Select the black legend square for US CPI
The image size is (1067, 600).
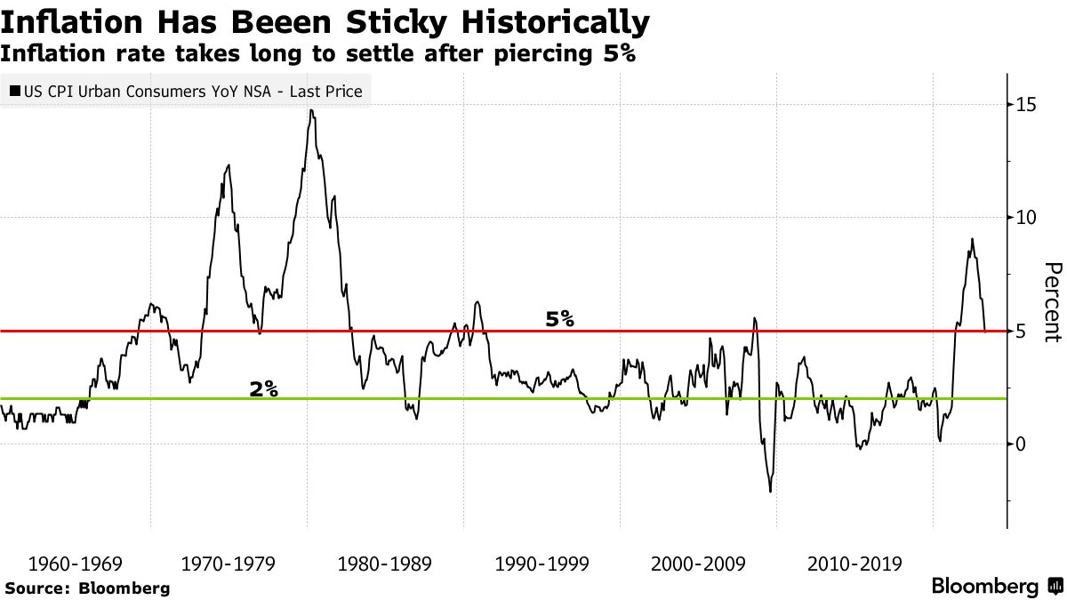[x=14, y=92]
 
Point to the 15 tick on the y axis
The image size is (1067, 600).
[x=1026, y=105]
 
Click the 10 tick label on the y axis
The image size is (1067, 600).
[x=1026, y=218]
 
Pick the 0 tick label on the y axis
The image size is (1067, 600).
[x=1022, y=444]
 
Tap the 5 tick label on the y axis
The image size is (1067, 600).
[x=1022, y=332]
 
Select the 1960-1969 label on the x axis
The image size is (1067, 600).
[x=75, y=564]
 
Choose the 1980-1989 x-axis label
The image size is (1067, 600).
[x=386, y=564]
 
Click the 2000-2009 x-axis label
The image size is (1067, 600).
[x=696, y=564]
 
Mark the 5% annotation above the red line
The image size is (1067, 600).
[x=560, y=318]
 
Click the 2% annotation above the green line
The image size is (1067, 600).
[x=264, y=388]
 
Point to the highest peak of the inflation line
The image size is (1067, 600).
[x=310, y=110]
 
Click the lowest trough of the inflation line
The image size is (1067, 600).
[x=770, y=492]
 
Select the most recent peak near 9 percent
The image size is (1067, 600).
[x=972, y=239]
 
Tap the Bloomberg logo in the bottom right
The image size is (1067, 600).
[x=995, y=587]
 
